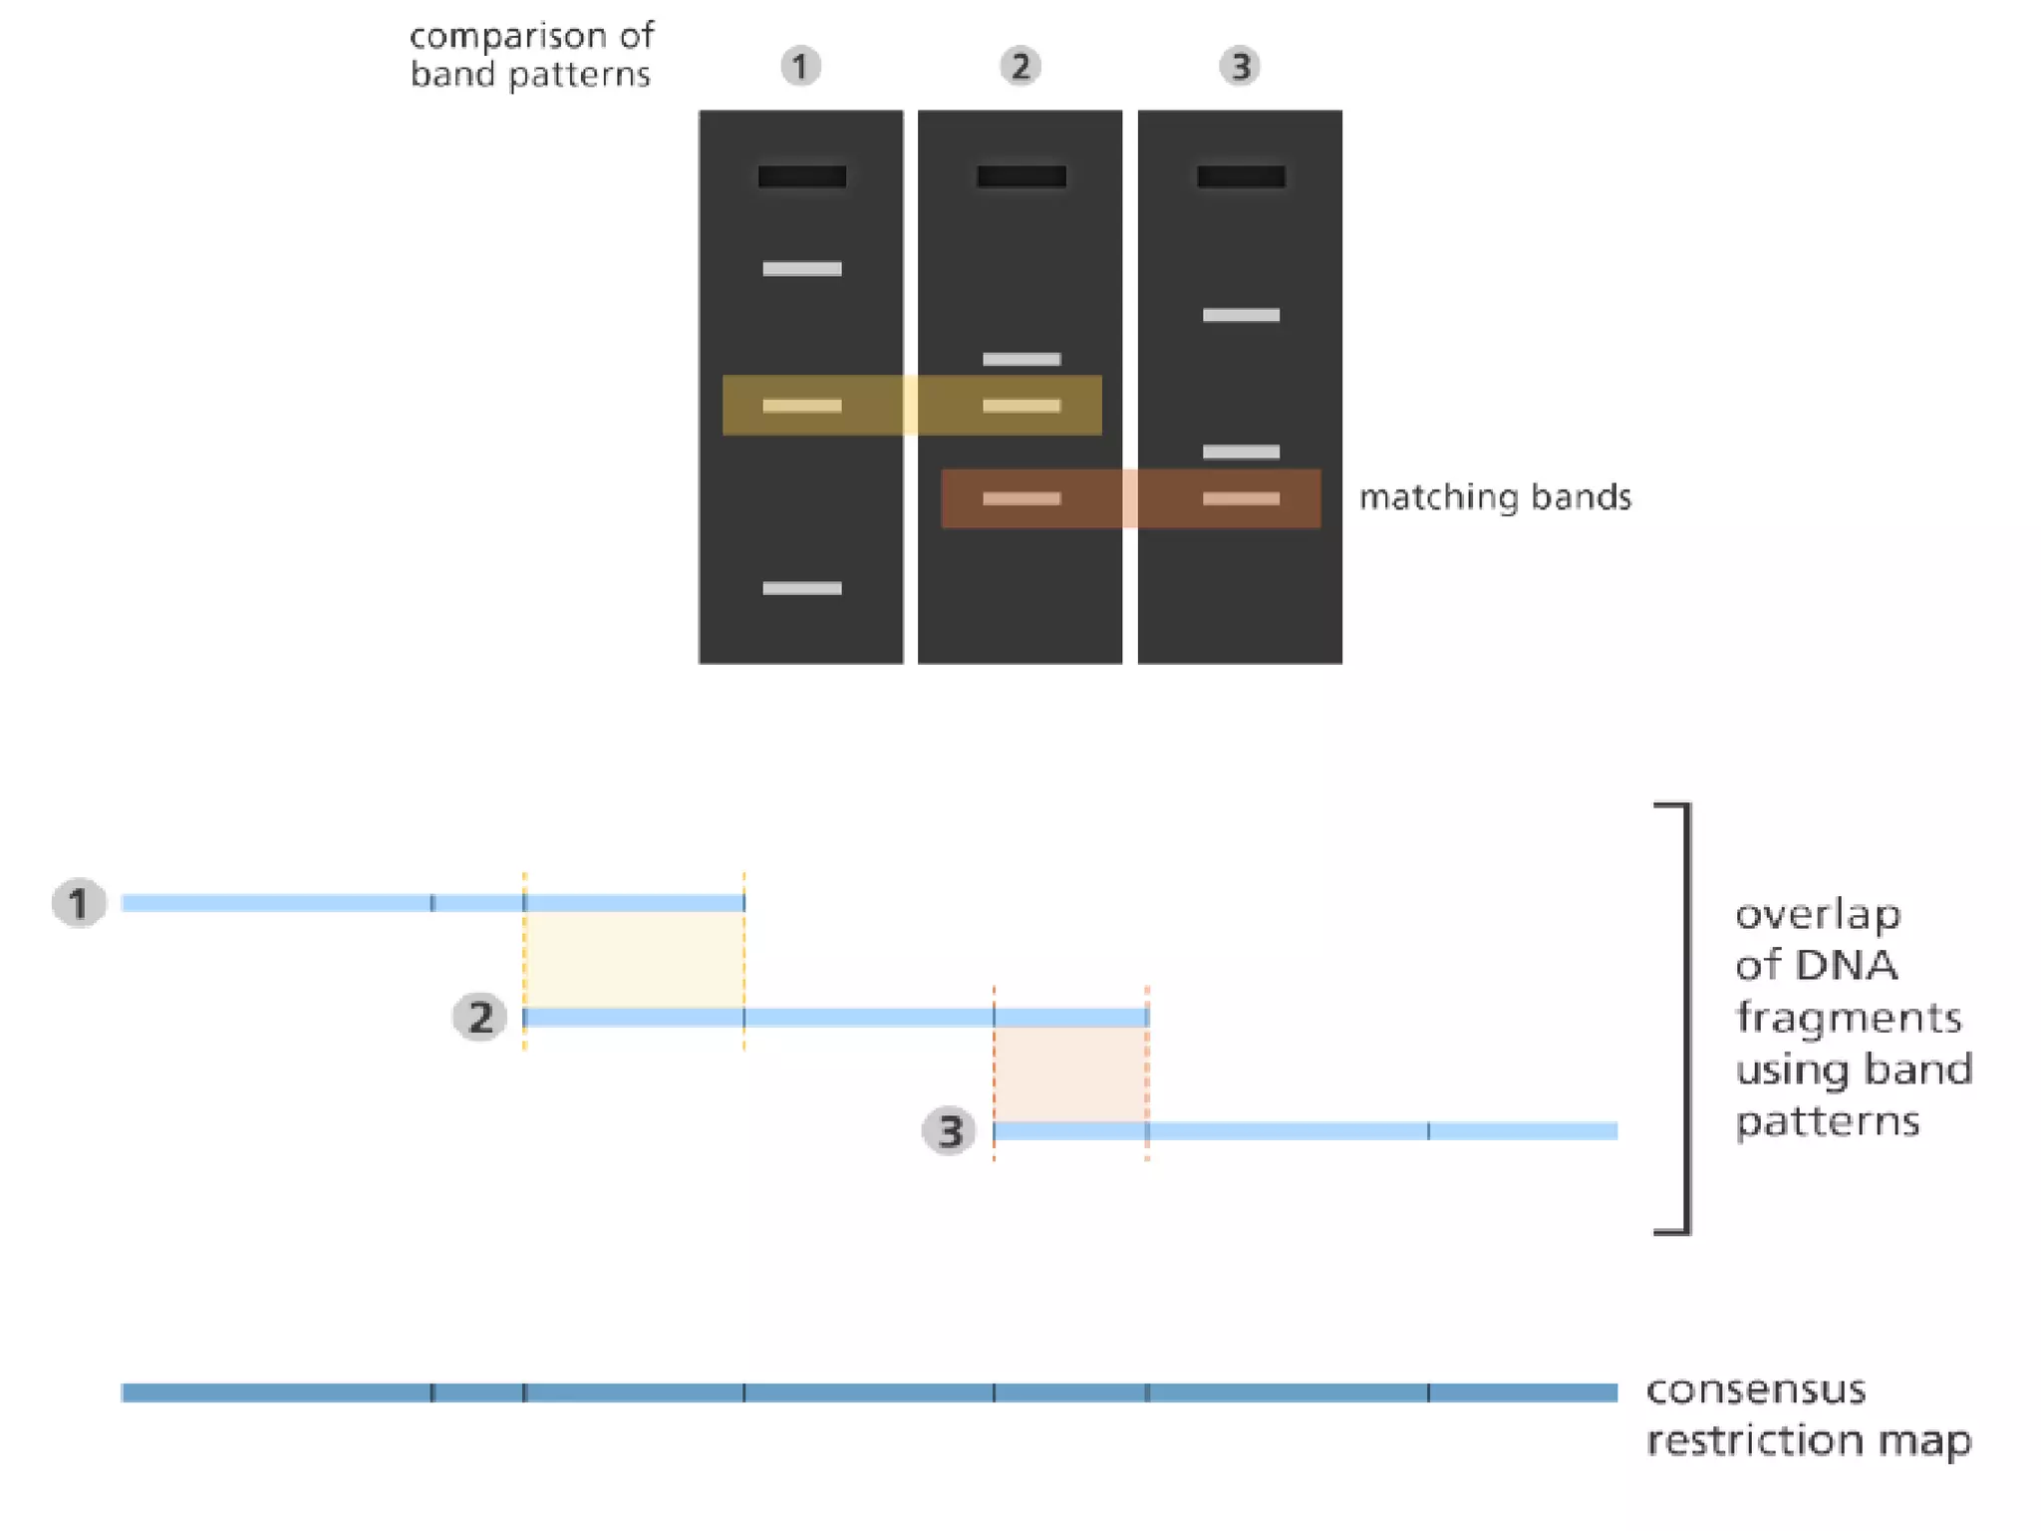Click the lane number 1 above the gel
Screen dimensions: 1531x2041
800,67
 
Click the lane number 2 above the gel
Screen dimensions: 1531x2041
1020,67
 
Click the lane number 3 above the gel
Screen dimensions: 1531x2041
1240,67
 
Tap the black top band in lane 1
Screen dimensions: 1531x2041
802,177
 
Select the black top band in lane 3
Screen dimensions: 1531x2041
1241,177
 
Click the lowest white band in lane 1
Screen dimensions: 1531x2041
802,588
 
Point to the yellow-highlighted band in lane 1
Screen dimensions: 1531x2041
802,406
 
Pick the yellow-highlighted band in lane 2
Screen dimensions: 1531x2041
1021,406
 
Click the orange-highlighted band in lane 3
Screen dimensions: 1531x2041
1241,498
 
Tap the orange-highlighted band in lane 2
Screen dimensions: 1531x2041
1021,498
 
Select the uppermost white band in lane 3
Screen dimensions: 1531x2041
1241,315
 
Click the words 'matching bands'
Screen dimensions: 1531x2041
1495,496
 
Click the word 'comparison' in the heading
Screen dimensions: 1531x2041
508,37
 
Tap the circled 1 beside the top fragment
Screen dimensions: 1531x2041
79,903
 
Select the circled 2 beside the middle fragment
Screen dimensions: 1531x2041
479,1018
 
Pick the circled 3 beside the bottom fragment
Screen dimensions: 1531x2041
949,1131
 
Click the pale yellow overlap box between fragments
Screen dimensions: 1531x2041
634,960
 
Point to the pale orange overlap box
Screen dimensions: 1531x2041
1070,1074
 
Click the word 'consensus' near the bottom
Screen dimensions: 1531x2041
1755,1389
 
